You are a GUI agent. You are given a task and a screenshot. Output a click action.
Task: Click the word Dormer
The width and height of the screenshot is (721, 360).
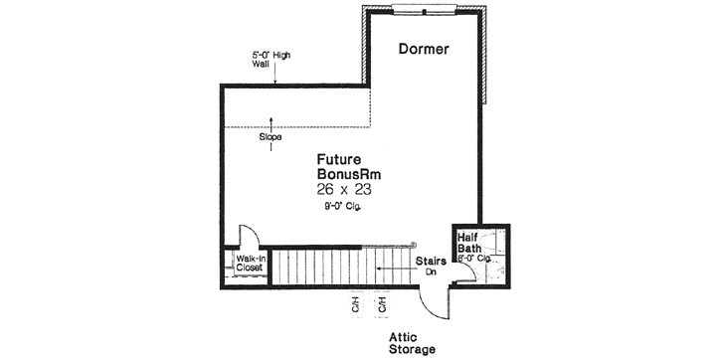[425, 48]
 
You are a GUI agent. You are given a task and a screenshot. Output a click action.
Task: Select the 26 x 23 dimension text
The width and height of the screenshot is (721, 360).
[348, 188]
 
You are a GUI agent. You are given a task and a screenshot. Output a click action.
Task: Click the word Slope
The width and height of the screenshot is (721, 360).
[270, 137]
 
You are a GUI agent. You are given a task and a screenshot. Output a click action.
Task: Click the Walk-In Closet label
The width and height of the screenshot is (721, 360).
[249, 264]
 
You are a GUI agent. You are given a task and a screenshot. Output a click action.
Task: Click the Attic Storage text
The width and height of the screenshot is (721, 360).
[412, 343]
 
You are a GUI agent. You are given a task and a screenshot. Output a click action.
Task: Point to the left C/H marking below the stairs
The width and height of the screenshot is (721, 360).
[353, 303]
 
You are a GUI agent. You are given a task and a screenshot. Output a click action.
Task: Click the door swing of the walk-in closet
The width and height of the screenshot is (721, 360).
[249, 236]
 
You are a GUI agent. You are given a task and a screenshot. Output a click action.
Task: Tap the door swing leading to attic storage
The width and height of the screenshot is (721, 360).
[435, 299]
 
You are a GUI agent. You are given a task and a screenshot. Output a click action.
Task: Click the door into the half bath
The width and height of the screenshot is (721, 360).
[464, 269]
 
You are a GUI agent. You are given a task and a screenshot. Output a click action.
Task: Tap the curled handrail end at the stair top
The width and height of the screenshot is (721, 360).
[410, 245]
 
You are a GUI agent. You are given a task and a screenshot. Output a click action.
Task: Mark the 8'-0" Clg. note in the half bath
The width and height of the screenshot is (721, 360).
[475, 258]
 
